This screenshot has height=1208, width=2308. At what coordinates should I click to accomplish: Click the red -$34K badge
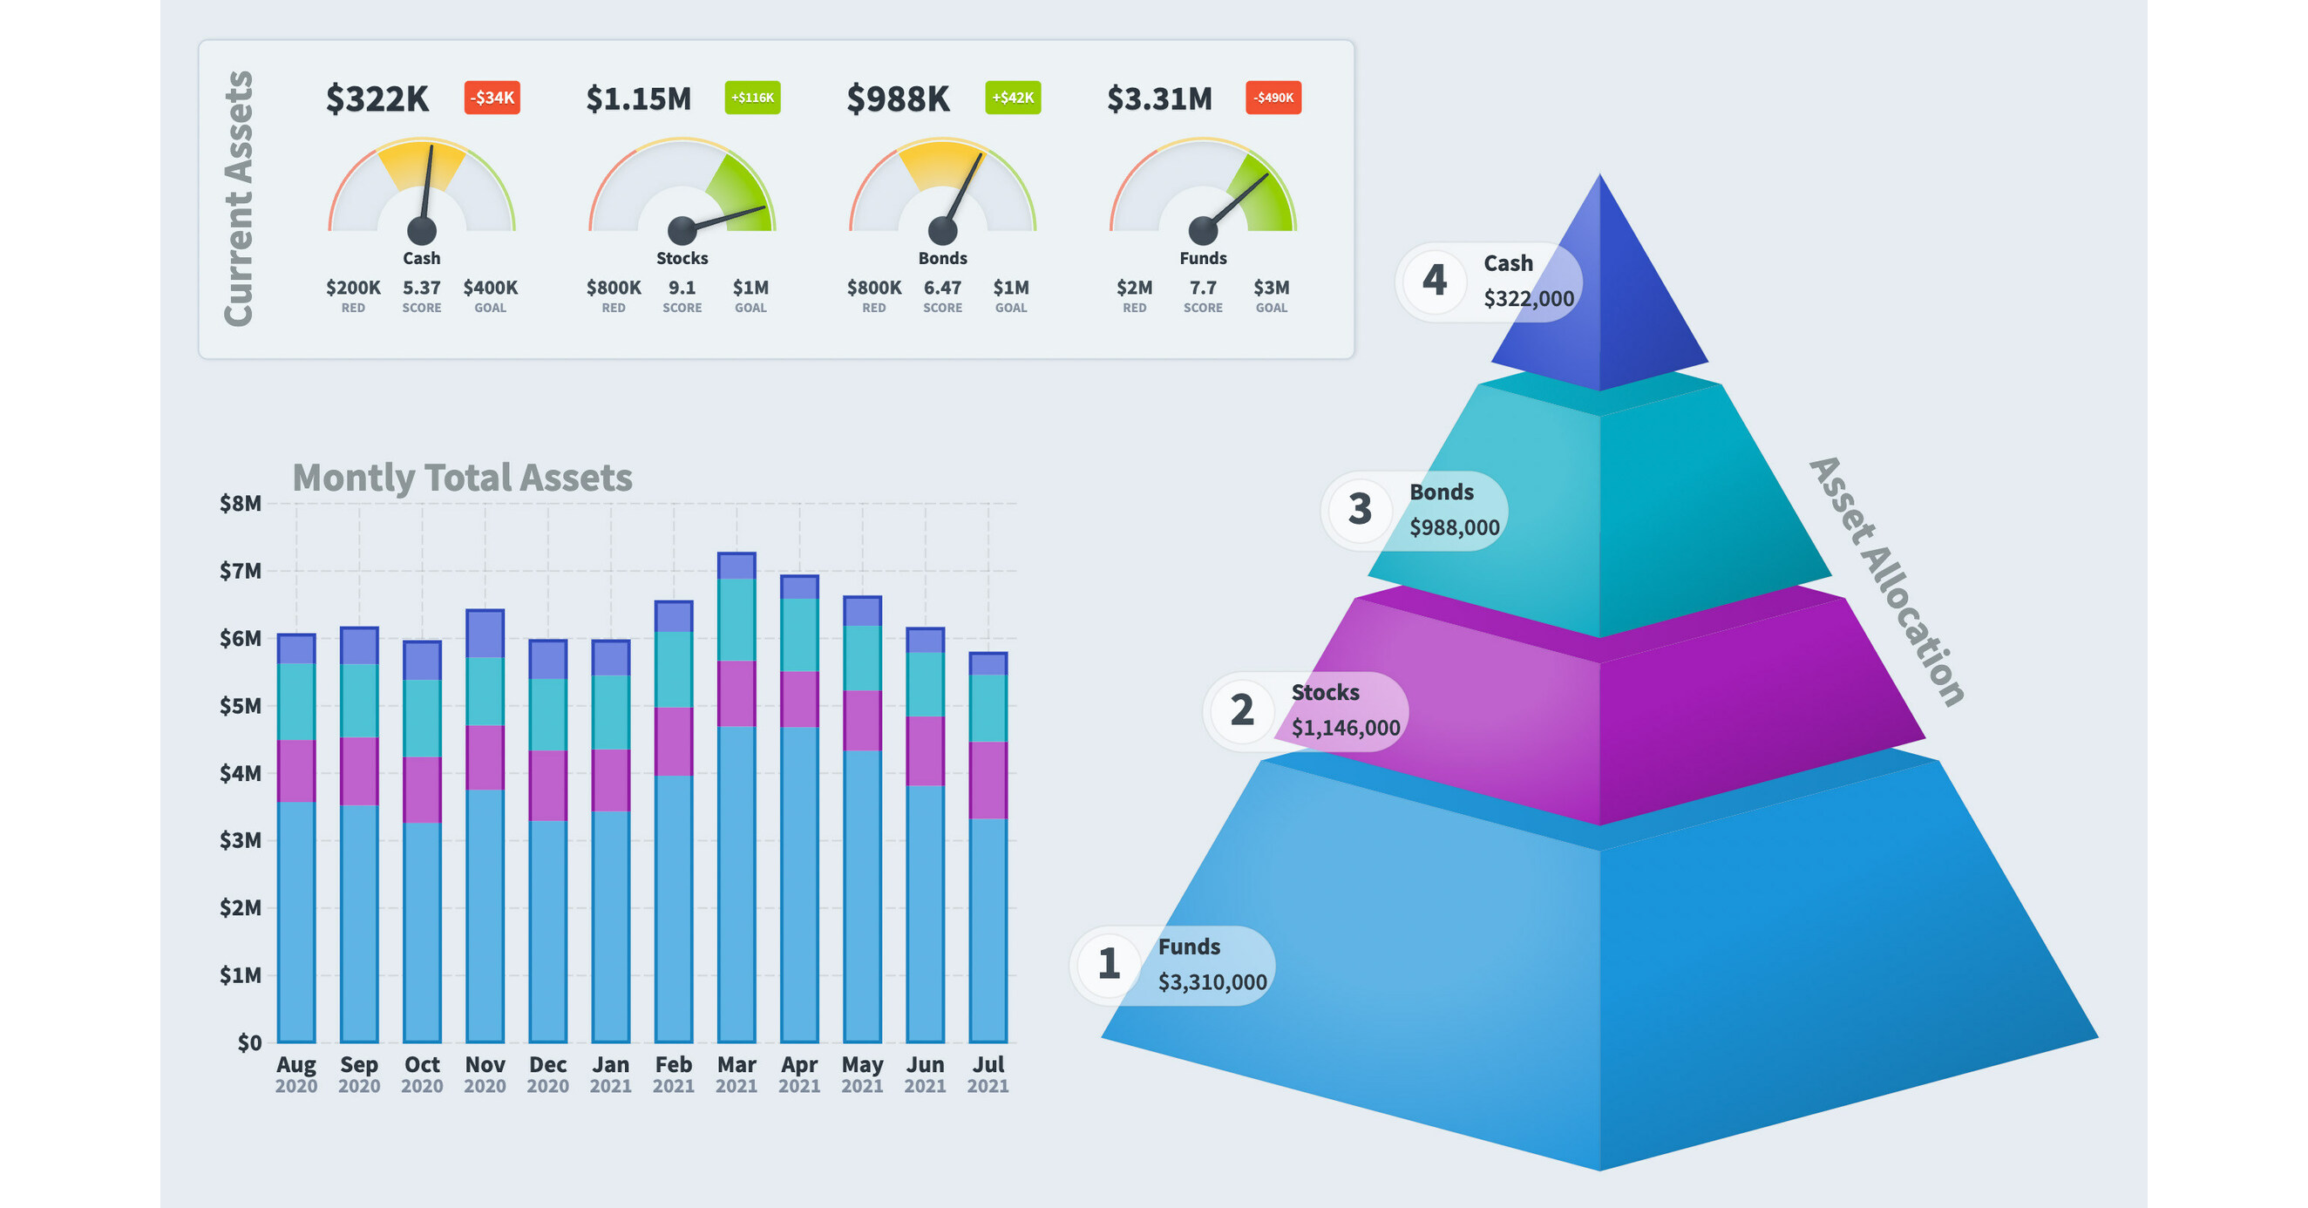pyautogui.click(x=492, y=98)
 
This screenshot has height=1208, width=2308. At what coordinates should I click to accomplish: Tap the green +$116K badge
pyautogui.click(x=751, y=98)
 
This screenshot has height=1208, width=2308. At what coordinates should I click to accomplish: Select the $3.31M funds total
pyautogui.click(x=1159, y=98)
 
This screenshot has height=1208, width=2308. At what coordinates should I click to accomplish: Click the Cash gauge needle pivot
pyautogui.click(x=421, y=230)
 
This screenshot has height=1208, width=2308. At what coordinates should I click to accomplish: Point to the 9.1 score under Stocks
pyautogui.click(x=682, y=288)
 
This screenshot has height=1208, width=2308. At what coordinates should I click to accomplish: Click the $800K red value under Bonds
pyautogui.click(x=873, y=288)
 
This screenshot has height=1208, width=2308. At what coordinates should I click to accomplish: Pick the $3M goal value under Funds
pyautogui.click(x=1271, y=288)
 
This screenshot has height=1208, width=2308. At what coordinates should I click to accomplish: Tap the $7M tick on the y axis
pyautogui.click(x=240, y=571)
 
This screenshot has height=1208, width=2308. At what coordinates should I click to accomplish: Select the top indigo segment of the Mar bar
pyautogui.click(x=737, y=567)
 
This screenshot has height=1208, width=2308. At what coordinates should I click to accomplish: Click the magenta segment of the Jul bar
pyautogui.click(x=988, y=780)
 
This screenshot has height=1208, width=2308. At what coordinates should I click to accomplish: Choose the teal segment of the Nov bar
pyautogui.click(x=485, y=691)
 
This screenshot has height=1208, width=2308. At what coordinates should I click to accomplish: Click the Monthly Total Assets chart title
pyautogui.click(x=462, y=478)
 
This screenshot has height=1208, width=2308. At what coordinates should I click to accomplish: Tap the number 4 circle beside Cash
pyautogui.click(x=1435, y=281)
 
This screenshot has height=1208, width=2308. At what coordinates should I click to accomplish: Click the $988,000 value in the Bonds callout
pyautogui.click(x=1454, y=528)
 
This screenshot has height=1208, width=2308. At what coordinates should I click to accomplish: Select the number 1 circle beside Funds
pyautogui.click(x=1110, y=964)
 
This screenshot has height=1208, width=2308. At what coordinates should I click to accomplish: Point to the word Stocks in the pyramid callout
pyautogui.click(x=1324, y=693)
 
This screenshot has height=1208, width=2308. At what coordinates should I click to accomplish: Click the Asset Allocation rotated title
pyautogui.click(x=1887, y=582)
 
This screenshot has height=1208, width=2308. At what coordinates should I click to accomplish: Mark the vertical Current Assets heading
pyautogui.click(x=238, y=199)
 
